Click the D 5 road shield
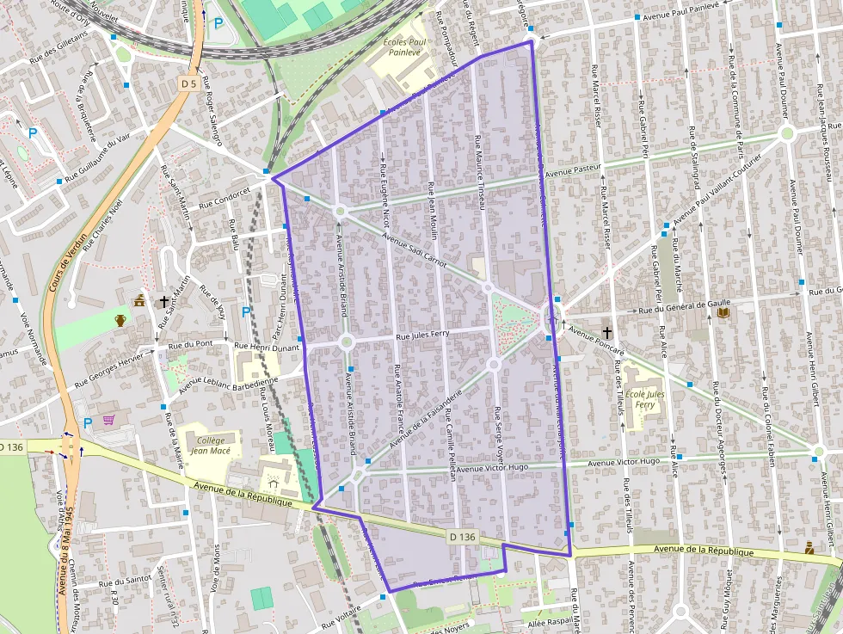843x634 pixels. pyautogui.click(x=189, y=83)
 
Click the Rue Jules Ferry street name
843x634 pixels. pyautogui.click(x=422, y=335)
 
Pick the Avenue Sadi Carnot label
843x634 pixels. pyautogui.click(x=415, y=250)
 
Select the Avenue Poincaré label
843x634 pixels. pyautogui.click(x=596, y=341)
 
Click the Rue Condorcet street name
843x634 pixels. pyautogui.click(x=225, y=200)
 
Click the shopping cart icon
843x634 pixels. pyautogui.click(x=109, y=421)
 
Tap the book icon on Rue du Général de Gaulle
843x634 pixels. pyautogui.click(x=723, y=313)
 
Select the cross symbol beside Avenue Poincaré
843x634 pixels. pyautogui.click(x=606, y=332)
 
